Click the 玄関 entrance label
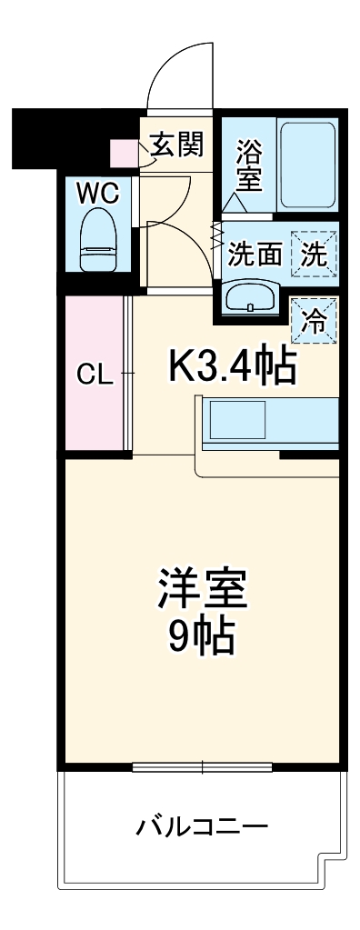[x=176, y=144]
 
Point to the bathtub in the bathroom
[x=307, y=164]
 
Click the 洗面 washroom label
[x=254, y=255]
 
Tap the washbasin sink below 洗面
[x=251, y=296]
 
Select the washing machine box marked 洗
[x=314, y=255]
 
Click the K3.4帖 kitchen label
[x=232, y=365]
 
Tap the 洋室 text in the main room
[x=203, y=588]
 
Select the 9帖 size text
[x=203, y=638]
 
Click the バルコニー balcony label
[x=203, y=827]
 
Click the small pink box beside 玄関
[x=121, y=151]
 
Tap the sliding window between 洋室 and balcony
[x=203, y=766]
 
